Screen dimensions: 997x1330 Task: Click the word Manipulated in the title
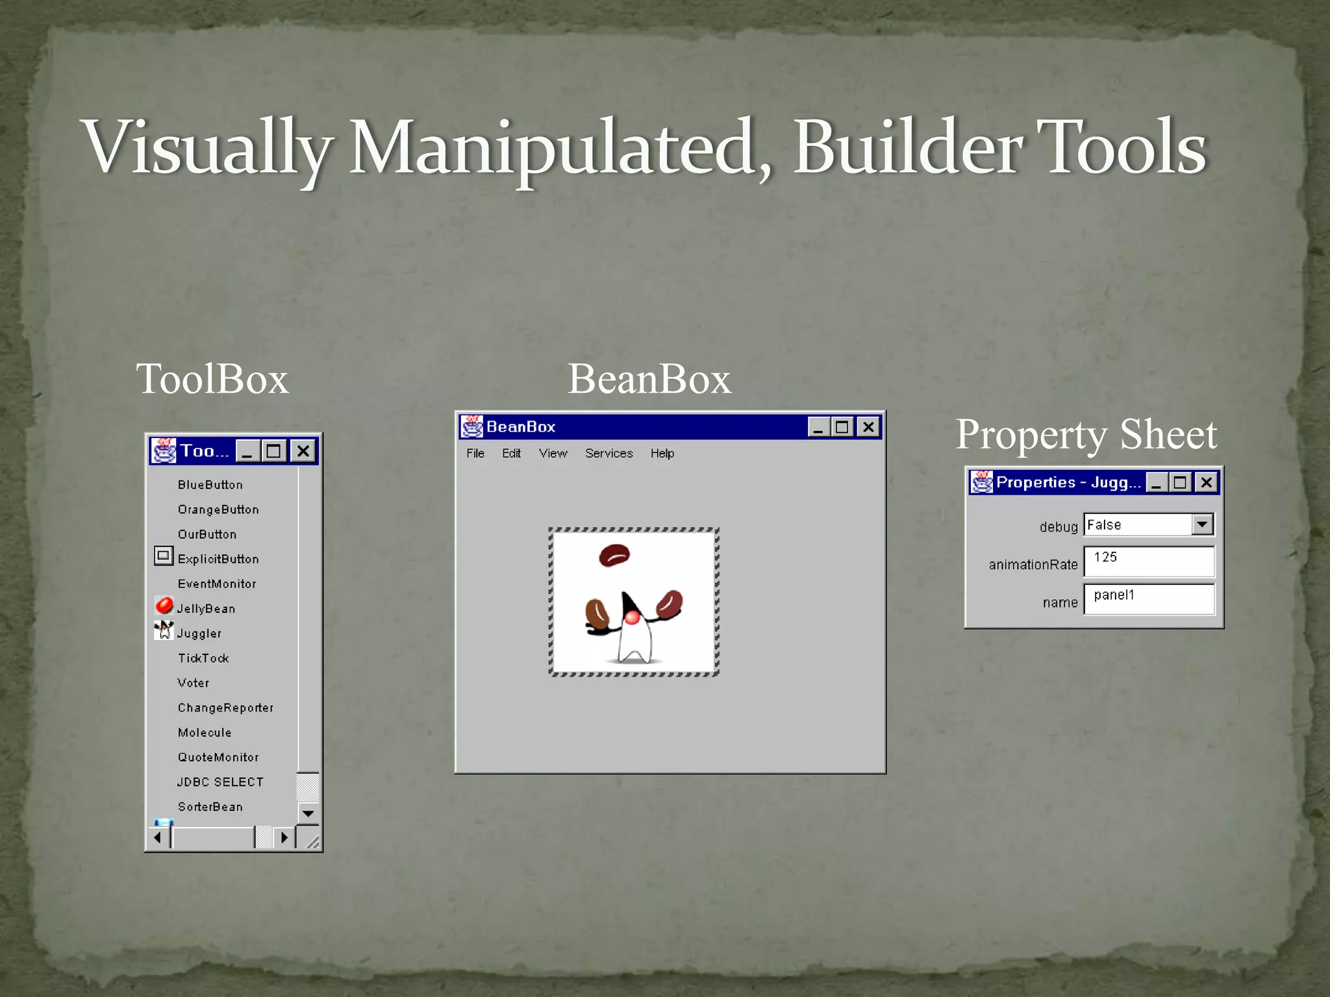552,148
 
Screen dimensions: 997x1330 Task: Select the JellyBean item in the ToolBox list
206,609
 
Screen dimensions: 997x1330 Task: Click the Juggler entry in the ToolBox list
199,634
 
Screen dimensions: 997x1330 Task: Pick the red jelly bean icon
164,606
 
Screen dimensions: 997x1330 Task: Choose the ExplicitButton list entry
218,559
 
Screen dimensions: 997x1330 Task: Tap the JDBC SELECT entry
220,782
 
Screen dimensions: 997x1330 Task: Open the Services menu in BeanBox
609,453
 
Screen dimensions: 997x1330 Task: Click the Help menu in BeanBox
662,453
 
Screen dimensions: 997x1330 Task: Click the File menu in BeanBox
475,453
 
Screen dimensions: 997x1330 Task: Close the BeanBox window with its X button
868,427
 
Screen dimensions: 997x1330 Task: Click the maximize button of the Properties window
1180,482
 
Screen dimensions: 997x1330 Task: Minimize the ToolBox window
247,451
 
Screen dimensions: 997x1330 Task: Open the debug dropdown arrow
1202,524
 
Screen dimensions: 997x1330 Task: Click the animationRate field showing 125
1148,561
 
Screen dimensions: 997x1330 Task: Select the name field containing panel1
1148,598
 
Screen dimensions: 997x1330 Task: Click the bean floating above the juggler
614,555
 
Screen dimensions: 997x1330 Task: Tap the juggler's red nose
632,617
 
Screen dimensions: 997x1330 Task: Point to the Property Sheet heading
1086,434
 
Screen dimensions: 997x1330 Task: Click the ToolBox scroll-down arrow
308,813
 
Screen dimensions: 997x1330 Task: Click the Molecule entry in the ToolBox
205,733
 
